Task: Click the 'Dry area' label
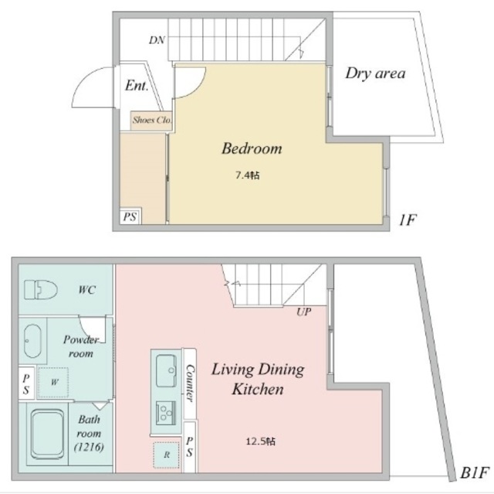pyautogui.click(x=375, y=74)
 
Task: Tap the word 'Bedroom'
pyautogui.click(x=252, y=148)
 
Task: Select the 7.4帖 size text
pyautogui.click(x=247, y=175)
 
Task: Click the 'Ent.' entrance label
pyautogui.click(x=137, y=85)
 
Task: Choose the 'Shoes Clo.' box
pyautogui.click(x=151, y=120)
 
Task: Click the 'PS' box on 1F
pyautogui.click(x=130, y=217)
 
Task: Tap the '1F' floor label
pyautogui.click(x=408, y=220)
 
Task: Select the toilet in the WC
pyautogui.click(x=41, y=290)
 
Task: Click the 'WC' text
pyautogui.click(x=86, y=291)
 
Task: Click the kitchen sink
pyautogui.click(x=166, y=370)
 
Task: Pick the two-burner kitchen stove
pyautogui.click(x=166, y=410)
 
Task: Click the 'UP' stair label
pyautogui.click(x=303, y=312)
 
